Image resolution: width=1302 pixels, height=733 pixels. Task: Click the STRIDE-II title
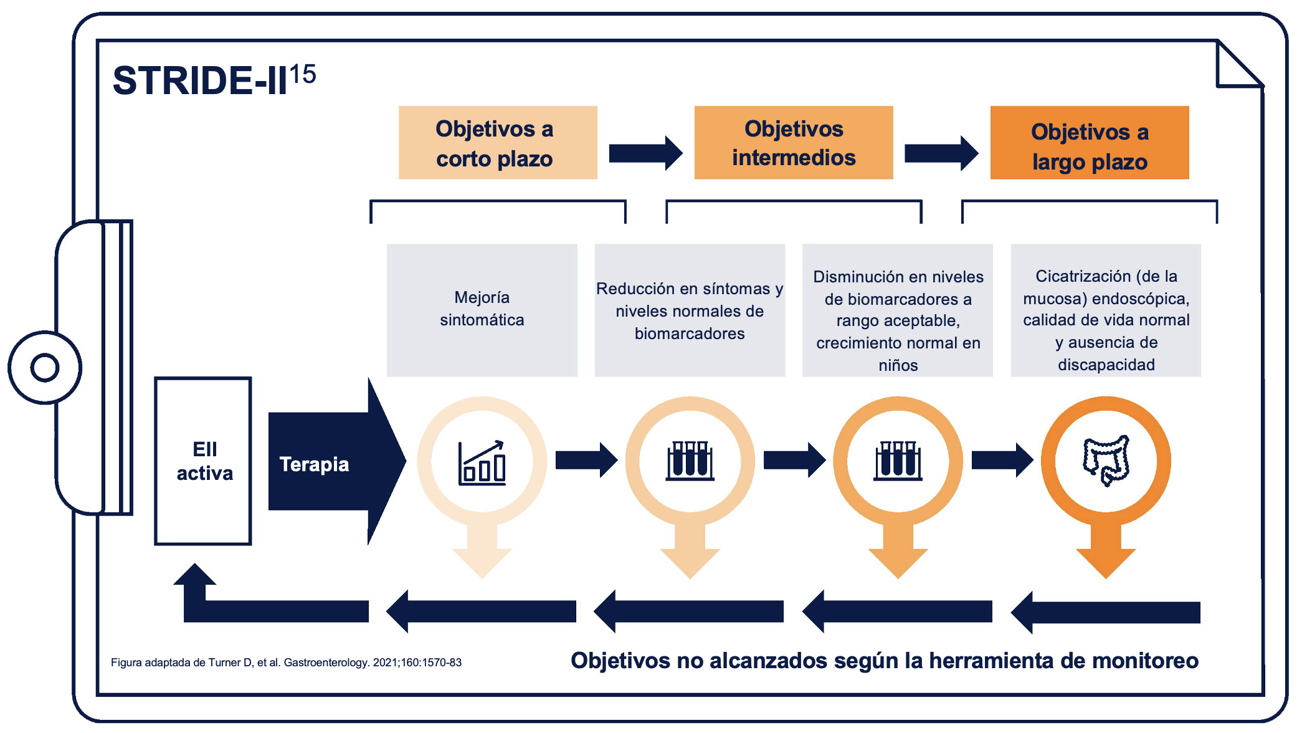tap(200, 80)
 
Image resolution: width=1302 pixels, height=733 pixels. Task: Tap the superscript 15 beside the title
tap(303, 75)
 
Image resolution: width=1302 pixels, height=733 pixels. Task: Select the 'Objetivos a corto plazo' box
tap(498, 143)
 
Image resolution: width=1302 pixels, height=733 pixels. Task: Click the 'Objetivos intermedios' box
tap(794, 143)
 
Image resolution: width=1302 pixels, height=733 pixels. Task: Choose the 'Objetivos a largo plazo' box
tap(1090, 143)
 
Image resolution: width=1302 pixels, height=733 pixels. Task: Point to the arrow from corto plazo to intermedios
tap(645, 153)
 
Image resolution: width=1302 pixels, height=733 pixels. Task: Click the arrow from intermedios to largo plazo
tap(941, 153)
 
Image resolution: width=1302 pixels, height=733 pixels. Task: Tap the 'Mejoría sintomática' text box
tap(482, 310)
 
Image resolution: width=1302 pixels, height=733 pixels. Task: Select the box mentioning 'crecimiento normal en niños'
tap(898, 310)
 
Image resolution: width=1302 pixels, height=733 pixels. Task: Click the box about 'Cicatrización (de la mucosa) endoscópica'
tap(1106, 310)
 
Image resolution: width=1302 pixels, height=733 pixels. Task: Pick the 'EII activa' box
tap(203, 461)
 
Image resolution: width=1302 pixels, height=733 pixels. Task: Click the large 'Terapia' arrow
tap(336, 461)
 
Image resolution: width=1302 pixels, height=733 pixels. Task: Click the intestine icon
tap(1106, 461)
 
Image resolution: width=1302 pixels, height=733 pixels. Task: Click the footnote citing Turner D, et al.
tap(286, 663)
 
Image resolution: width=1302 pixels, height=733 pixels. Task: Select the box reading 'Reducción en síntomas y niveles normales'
tap(690, 310)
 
